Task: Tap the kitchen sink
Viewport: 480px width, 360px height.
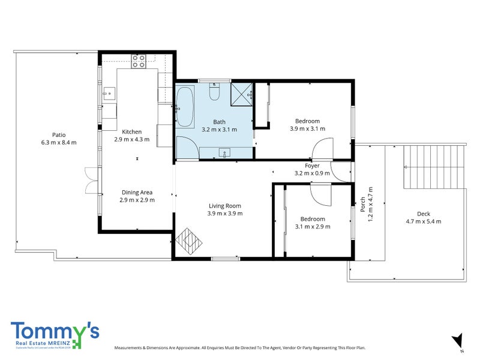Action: [x=109, y=93]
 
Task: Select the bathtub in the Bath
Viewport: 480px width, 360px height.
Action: [x=184, y=106]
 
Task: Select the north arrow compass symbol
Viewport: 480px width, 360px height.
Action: [x=459, y=340]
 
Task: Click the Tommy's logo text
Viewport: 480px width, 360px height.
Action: [x=55, y=331]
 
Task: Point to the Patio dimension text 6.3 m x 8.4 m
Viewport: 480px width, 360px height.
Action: [x=59, y=143]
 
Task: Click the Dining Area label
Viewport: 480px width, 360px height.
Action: [x=137, y=193]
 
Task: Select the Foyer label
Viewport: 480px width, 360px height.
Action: [x=312, y=166]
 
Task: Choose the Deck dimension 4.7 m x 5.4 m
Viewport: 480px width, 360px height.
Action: [x=423, y=221]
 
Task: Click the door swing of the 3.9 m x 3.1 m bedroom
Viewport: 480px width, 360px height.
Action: [x=323, y=149]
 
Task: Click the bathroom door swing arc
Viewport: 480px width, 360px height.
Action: [x=184, y=145]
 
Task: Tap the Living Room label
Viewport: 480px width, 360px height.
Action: [x=224, y=206]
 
